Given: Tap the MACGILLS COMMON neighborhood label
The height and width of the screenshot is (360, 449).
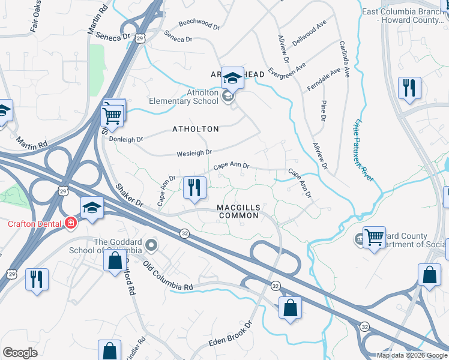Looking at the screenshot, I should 238,211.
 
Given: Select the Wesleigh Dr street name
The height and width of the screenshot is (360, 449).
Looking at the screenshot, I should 194,154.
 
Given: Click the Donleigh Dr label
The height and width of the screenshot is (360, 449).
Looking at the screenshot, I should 126,139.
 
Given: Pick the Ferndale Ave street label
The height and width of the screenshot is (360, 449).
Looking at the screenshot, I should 323,76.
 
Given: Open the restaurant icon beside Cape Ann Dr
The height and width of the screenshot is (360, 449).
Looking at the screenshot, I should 193,187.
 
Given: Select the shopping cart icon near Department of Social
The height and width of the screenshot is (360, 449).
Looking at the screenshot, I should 373,237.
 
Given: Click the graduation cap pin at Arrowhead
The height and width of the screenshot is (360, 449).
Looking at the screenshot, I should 232,77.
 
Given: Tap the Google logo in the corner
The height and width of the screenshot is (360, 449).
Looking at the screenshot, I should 20,352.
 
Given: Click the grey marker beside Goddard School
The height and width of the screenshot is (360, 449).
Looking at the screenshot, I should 151,245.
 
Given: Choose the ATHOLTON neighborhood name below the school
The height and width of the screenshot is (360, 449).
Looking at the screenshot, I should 195,129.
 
